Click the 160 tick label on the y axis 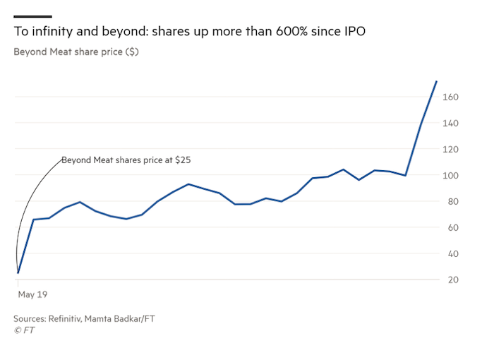(450, 97)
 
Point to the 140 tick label (450, 123)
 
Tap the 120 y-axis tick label (450, 149)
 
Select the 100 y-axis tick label (450, 175)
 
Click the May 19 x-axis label (32, 294)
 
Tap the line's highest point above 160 (437, 81)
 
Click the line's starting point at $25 (18, 273)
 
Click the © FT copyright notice (24, 330)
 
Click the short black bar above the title (32, 16)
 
